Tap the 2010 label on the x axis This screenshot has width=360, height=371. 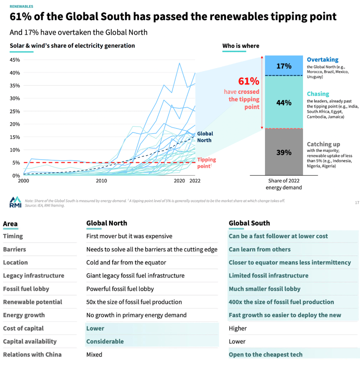point(101,181)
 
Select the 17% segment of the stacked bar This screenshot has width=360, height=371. point(283,66)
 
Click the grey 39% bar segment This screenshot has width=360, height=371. point(283,152)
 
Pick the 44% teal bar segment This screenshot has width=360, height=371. point(283,102)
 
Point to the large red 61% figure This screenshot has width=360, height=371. point(249,81)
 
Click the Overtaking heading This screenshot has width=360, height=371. point(322,60)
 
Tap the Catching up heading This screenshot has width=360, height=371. point(323,144)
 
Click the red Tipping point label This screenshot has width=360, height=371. point(206,163)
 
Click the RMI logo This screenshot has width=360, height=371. point(15,201)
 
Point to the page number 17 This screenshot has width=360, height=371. point(357,203)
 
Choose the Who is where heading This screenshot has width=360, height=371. point(240,46)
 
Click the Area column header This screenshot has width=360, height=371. point(10,224)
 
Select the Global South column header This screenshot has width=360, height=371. point(249,223)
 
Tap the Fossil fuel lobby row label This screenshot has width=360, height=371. point(26,289)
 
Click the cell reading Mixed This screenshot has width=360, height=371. point(94,354)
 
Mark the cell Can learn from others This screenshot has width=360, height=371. point(259,249)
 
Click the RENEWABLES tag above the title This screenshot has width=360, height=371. point(21,7)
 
